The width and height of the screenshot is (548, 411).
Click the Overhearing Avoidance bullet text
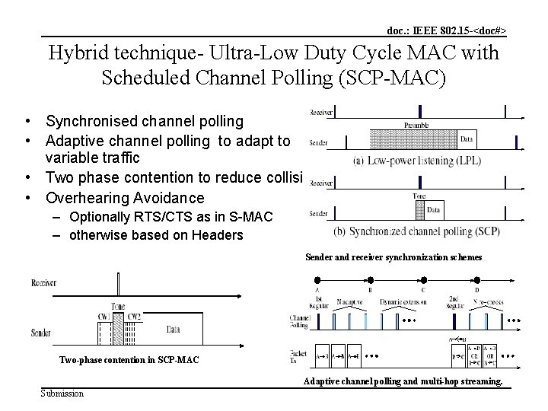[125, 198]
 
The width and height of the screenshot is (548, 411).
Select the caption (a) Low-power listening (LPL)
[415, 161]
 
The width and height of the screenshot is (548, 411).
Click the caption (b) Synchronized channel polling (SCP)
[426, 231]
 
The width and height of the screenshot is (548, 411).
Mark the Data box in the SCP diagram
[433, 209]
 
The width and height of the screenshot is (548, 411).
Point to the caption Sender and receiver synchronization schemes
[393, 257]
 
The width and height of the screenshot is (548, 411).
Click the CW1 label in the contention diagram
[104, 316]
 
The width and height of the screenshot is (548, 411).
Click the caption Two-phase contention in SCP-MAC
[129, 359]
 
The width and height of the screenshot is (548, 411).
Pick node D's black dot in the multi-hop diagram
[477, 295]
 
